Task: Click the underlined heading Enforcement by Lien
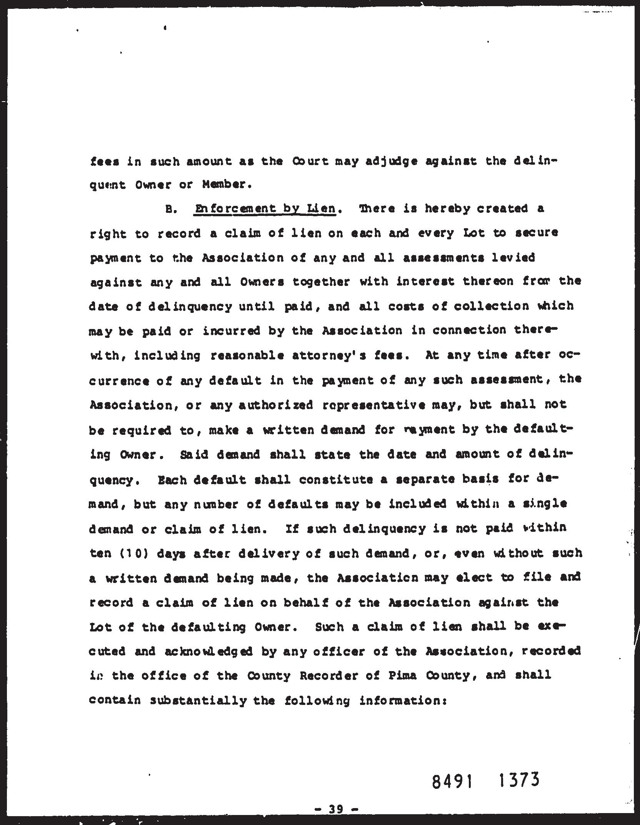pos(265,209)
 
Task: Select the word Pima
pos(400,675)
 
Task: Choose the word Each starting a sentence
pos(172,480)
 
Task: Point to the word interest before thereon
pos(425,282)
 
